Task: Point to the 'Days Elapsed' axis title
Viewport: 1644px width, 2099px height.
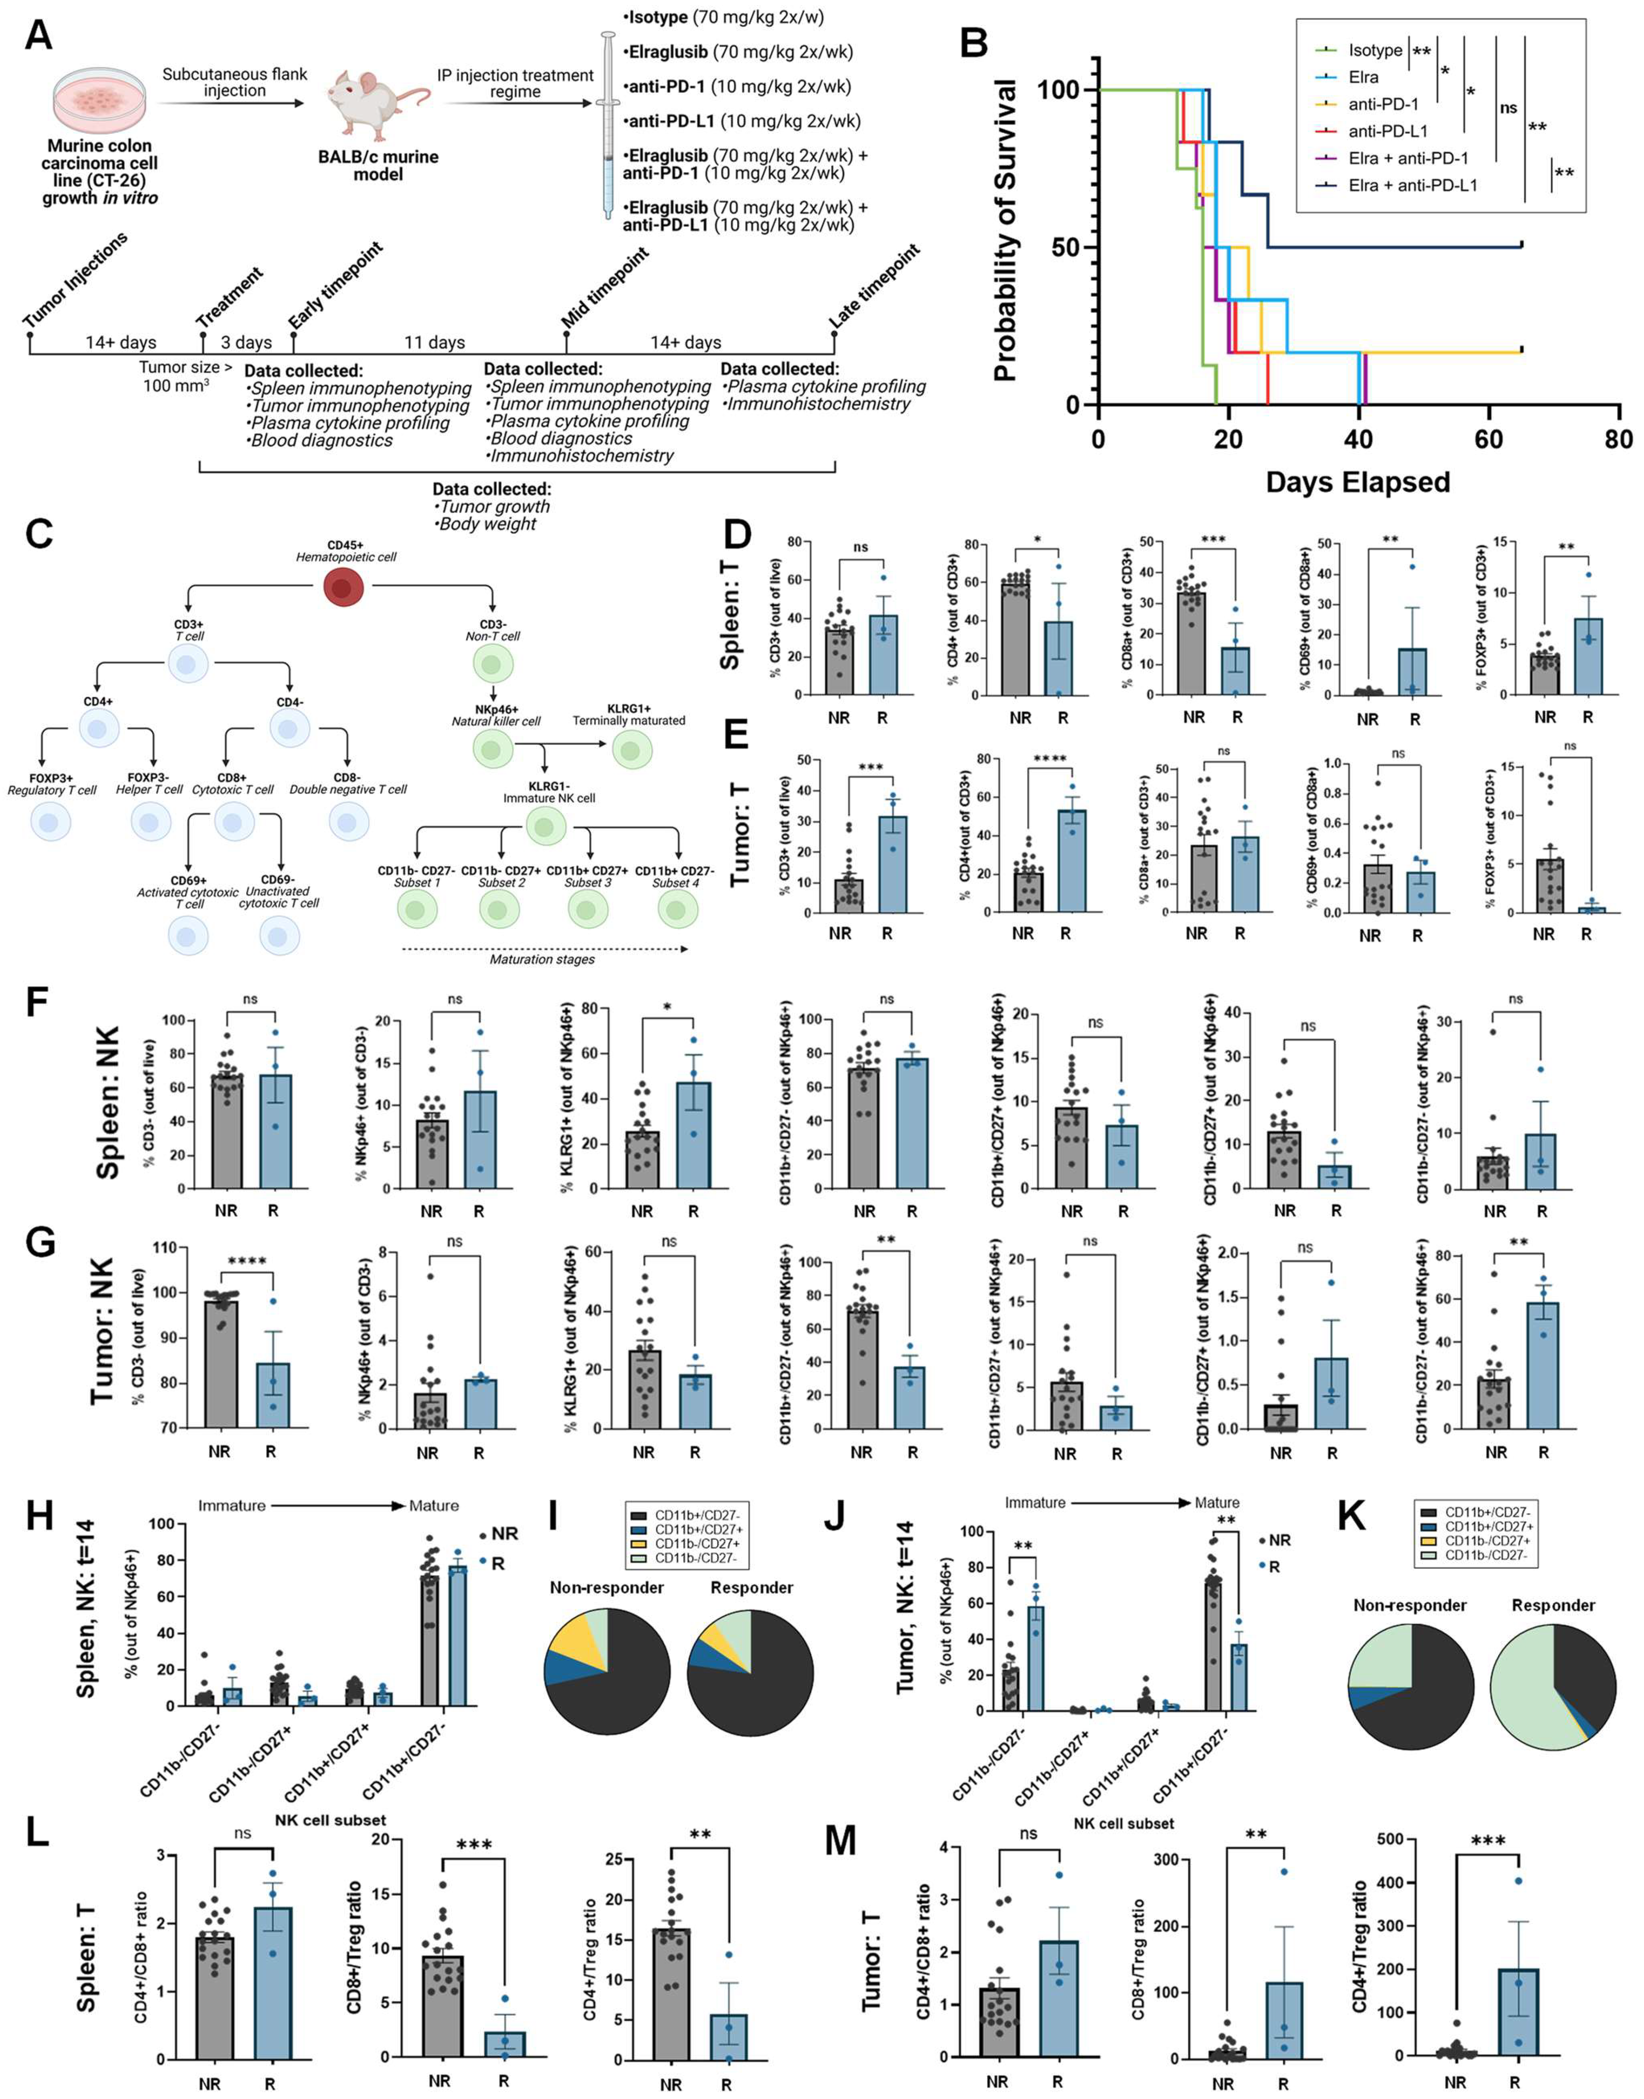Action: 1357,481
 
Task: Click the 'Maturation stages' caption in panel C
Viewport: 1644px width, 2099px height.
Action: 542,958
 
